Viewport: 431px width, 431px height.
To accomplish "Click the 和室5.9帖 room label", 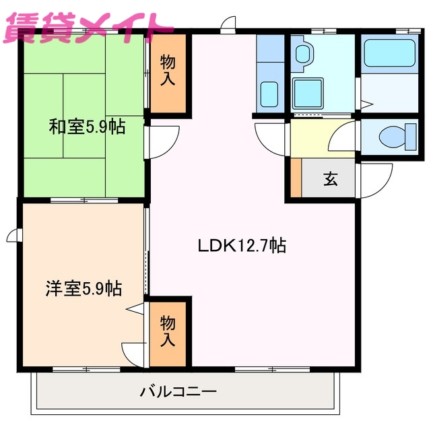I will (86, 127).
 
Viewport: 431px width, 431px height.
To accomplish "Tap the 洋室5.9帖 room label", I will (84, 289).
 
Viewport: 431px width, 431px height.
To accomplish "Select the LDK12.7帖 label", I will (242, 246).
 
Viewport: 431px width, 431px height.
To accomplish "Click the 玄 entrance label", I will (330, 179).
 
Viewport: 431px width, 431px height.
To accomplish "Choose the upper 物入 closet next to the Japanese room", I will (167, 71).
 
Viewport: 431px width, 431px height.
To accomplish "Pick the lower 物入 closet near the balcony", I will (167, 331).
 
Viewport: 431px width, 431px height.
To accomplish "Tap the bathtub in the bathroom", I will (389, 53).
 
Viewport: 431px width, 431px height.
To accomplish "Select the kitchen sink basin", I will (270, 92).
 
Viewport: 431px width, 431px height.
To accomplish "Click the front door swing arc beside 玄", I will (376, 180).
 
